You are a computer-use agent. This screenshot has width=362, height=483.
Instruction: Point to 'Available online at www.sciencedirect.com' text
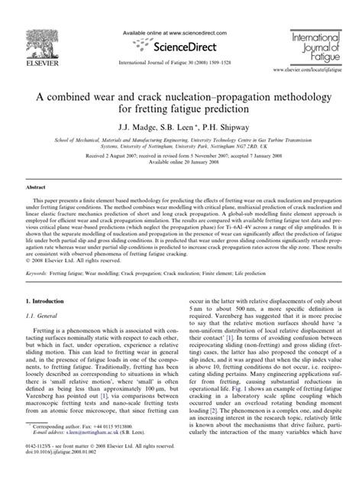(181, 25)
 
